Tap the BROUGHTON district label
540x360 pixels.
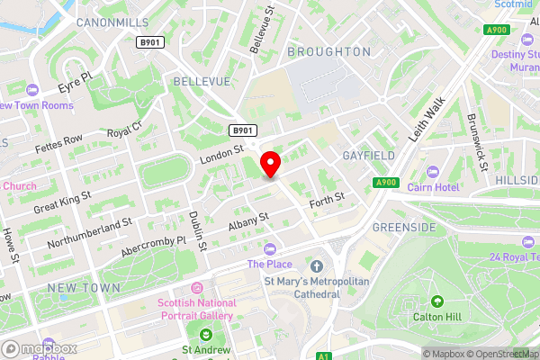328,52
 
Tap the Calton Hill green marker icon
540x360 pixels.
437,301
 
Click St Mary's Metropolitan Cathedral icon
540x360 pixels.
316,265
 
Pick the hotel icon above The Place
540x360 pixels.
269,248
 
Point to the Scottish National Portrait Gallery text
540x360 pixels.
195,309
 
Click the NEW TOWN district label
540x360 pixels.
84,287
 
